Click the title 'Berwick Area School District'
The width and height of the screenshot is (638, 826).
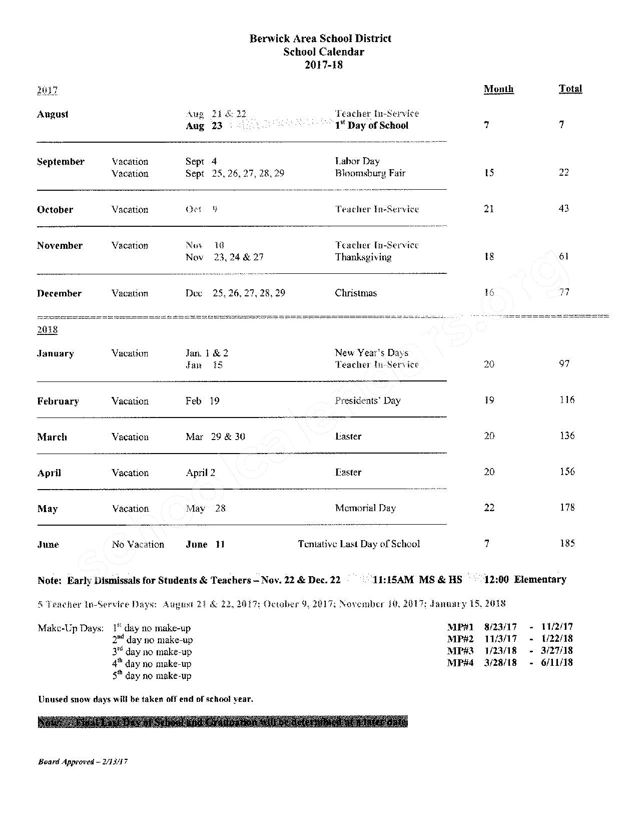pos(320,39)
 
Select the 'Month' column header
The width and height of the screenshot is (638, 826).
pos(498,89)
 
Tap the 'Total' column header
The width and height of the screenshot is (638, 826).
pos(570,89)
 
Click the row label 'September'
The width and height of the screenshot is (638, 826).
pos(61,162)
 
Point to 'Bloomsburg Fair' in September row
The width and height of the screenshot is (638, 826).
pos(370,173)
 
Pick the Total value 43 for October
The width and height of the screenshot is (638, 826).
pos(563,208)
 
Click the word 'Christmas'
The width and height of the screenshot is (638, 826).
pos(356,293)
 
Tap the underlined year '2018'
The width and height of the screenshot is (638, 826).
pos(47,330)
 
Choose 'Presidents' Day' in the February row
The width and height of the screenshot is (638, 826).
pos(368,400)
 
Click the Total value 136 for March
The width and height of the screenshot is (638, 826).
pos(567,436)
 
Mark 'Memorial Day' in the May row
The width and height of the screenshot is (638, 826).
pos(365,508)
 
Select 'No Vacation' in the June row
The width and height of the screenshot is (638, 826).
pos(138,544)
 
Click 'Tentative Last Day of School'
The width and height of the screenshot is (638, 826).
pos(359,544)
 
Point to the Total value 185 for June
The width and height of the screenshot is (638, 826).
pos(567,543)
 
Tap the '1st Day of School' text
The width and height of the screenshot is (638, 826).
pos(372,126)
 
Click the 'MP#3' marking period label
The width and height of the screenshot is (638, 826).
pos(460,651)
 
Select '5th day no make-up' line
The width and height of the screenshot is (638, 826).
pos(152,675)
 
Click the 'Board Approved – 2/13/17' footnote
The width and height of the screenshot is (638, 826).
pos(83,762)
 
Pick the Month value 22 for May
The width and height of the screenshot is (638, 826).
pos(489,508)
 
